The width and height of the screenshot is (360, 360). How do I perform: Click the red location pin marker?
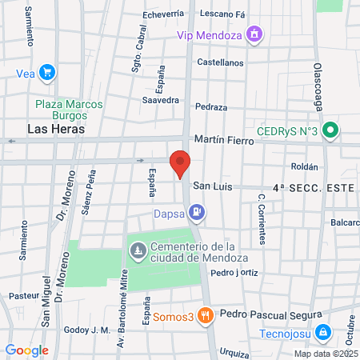(180, 163)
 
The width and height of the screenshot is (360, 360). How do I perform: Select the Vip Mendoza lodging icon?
(254, 34)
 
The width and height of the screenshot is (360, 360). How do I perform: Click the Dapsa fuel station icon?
(196, 213)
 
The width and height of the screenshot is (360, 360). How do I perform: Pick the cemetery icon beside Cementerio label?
(138, 250)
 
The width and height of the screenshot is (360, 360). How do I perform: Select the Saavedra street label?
(160, 100)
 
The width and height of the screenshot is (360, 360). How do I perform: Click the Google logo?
(26, 350)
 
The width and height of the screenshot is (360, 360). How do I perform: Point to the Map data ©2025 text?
(326, 354)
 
